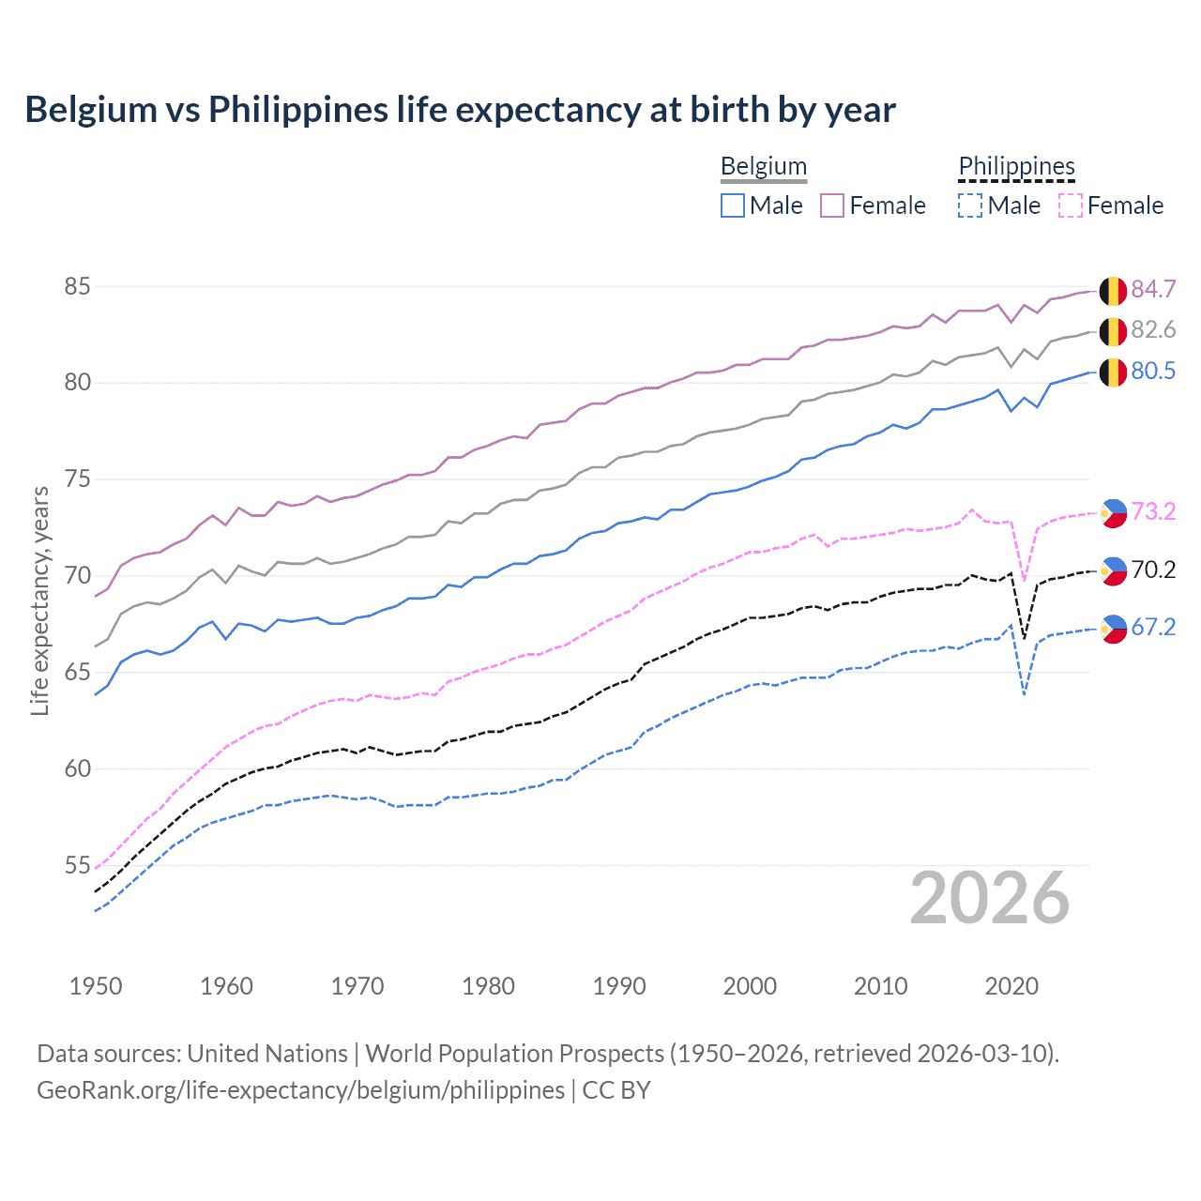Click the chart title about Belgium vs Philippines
coord(460,110)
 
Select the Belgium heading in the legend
coord(763,166)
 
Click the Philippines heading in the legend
coord(1016,166)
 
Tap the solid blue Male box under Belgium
coord(733,205)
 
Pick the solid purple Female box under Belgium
coord(832,205)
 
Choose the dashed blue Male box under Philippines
coord(970,205)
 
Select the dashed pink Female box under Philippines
coord(1070,205)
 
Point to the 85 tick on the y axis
coord(77,286)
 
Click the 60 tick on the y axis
coord(77,768)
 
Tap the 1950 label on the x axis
coord(96,986)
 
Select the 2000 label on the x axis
coord(750,986)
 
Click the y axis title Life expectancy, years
coord(39,600)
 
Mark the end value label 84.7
coord(1153,289)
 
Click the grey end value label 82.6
coord(1153,330)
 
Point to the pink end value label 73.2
coord(1153,511)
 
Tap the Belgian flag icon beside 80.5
coord(1113,372)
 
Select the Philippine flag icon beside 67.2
coord(1114,629)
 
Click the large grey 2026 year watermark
coord(989,898)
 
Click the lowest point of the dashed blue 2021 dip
coord(1024,694)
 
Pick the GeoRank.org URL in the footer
coord(300,1090)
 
